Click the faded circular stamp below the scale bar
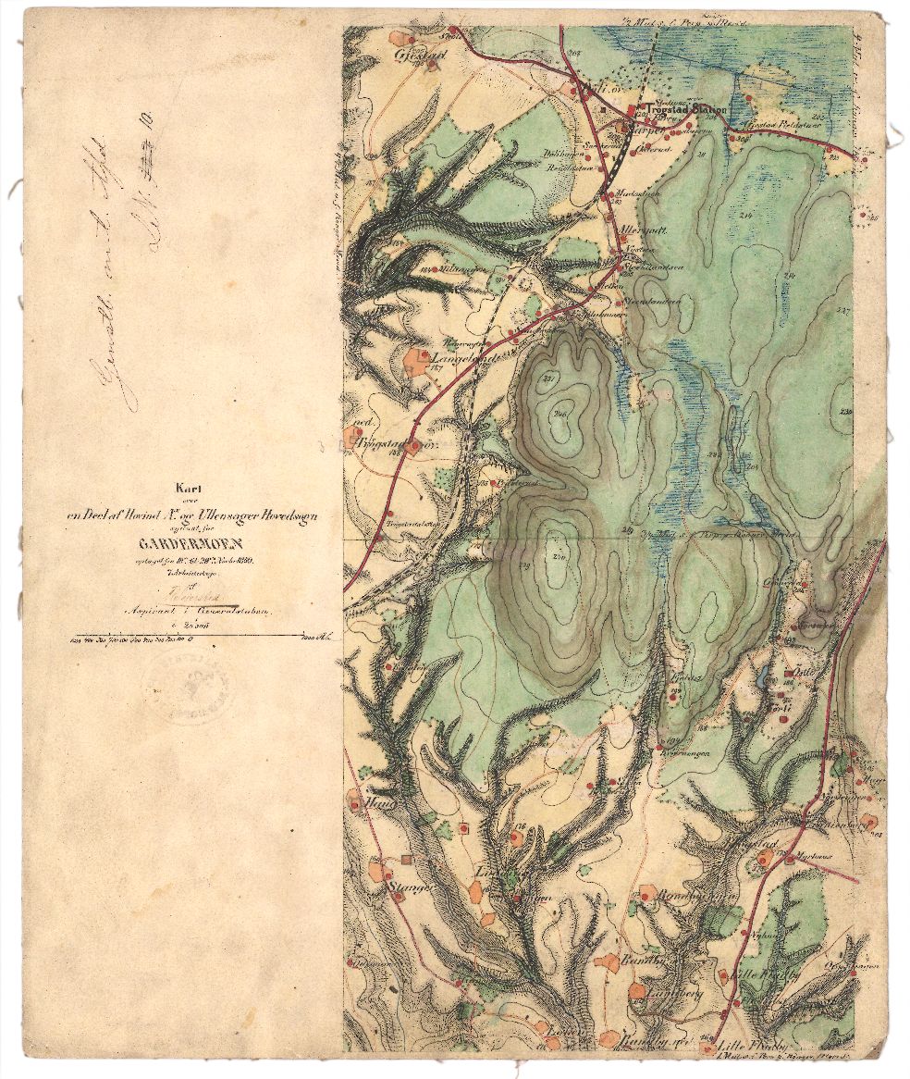[x=189, y=686]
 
